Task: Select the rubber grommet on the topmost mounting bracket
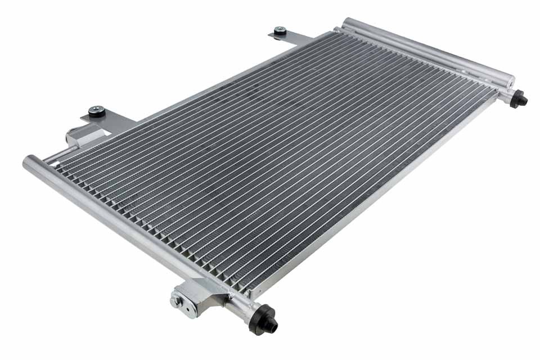point(280,31)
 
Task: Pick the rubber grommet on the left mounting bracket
point(97,111)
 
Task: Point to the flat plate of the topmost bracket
point(292,38)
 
